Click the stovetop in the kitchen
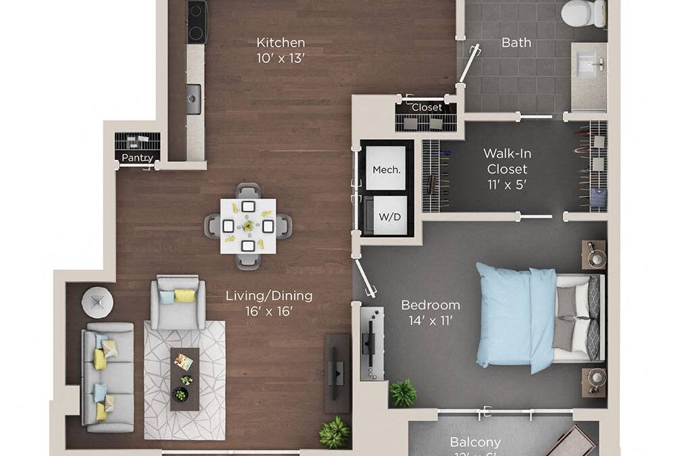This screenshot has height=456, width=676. click(x=196, y=22)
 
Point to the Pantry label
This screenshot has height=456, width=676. click(x=137, y=158)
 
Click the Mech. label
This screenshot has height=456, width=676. click(x=387, y=169)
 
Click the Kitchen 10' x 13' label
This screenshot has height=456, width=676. click(x=281, y=50)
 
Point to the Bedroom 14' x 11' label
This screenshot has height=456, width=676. click(x=430, y=312)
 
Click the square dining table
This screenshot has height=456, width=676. click(x=248, y=226)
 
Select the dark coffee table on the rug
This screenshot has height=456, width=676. click(x=185, y=379)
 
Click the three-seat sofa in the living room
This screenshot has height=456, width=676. click(x=107, y=376)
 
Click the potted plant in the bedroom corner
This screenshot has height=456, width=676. click(x=403, y=393)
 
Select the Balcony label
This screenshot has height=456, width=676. click(x=475, y=442)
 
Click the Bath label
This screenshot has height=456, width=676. click(x=516, y=43)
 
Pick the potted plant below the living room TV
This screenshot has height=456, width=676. click(x=335, y=432)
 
